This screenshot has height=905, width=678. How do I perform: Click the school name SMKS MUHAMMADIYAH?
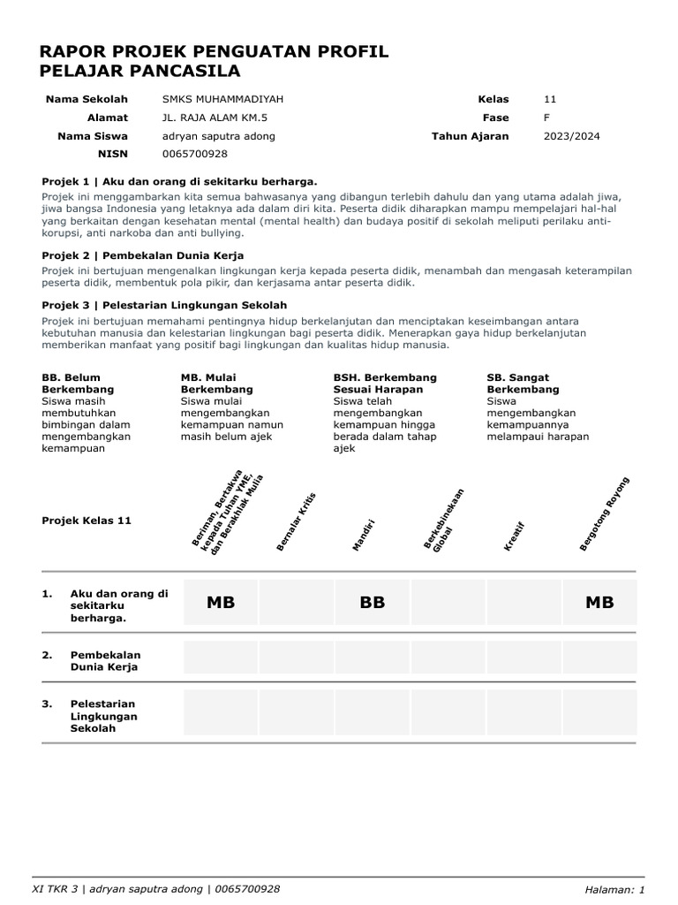click(222, 100)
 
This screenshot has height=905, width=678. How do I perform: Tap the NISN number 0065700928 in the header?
click(195, 154)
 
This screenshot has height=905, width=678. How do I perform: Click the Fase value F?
click(546, 118)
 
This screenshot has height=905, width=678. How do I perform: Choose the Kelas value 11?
click(550, 100)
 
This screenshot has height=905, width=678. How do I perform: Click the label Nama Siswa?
click(93, 136)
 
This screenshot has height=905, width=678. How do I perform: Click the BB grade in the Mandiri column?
click(373, 603)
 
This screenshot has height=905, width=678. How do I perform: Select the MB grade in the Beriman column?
click(221, 603)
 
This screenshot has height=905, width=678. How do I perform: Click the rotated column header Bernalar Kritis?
click(296, 522)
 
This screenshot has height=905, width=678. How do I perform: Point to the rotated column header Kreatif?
click(515, 536)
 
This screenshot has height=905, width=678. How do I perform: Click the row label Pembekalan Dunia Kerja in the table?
click(105, 661)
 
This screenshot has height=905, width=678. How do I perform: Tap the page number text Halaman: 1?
click(614, 889)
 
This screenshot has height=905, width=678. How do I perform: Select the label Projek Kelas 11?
click(87, 521)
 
